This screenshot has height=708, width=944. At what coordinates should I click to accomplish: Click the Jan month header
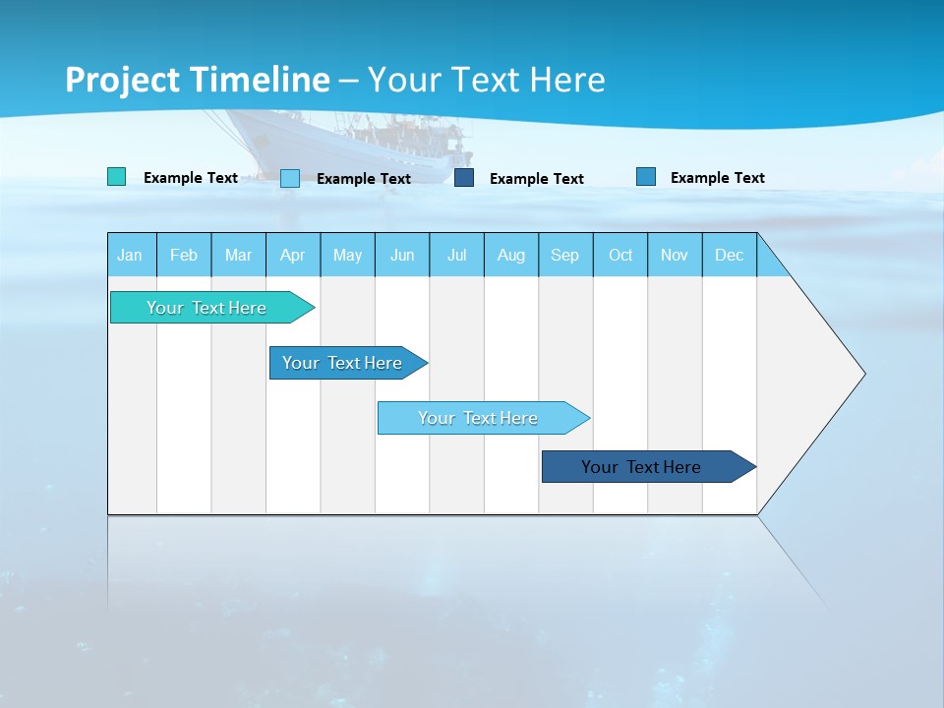130,256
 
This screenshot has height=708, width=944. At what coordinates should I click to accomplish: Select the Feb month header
184,256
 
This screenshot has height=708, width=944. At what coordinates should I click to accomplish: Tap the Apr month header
292,256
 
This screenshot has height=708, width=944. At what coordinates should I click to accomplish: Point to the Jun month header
402,256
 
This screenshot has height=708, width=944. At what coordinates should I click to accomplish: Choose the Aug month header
510,256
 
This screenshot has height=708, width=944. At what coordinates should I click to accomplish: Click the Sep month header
564,256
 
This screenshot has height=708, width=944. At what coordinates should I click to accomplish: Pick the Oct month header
620,256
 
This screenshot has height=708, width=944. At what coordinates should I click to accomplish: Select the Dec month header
729,256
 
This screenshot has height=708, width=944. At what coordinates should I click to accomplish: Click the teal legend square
116,177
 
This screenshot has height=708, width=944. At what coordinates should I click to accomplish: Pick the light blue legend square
290,178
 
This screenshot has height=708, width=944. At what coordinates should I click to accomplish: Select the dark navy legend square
464,178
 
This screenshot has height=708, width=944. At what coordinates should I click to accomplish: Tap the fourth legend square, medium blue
646,177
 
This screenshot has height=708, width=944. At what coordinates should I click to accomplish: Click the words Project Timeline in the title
198,80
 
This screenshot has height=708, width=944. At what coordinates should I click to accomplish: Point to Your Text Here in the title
487,80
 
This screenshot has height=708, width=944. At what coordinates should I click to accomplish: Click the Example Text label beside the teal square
191,178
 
